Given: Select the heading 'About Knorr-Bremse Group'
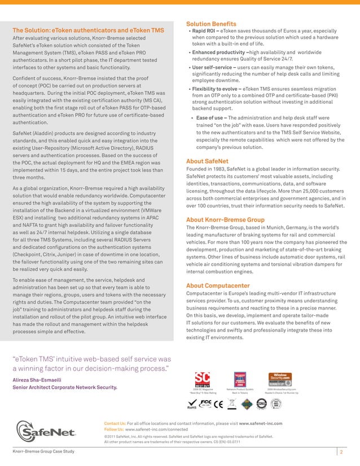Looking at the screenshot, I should coord(225,219).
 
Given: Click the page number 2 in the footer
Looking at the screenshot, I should coord(342,452).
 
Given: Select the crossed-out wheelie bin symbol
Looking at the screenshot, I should coord(232,403).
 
